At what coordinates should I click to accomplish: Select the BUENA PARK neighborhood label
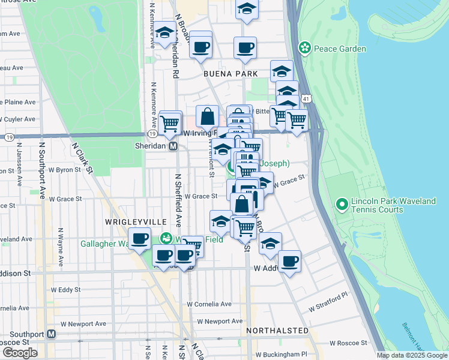[230, 73]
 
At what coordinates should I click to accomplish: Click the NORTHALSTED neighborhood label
[277, 331]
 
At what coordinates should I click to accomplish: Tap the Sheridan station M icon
[173, 146]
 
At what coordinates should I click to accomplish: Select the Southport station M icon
[52, 334]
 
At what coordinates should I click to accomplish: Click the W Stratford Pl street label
[328, 302]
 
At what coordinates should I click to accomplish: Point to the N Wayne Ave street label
[61, 247]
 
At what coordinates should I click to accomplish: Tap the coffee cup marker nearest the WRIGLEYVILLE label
[140, 239]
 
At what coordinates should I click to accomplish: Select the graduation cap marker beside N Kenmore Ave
[164, 34]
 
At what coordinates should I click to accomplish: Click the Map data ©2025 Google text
[412, 355]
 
